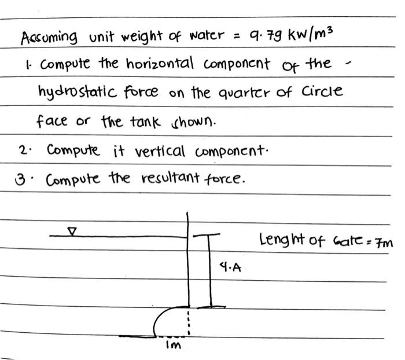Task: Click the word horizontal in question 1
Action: [157, 64]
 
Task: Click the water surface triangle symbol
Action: [72, 231]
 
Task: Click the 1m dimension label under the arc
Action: [174, 346]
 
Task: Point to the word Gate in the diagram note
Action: [347, 241]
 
